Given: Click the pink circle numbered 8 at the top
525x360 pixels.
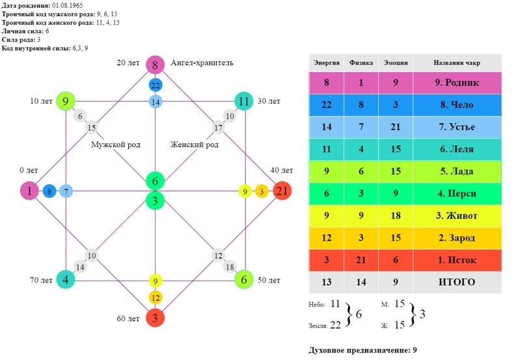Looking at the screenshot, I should pyautogui.click(x=155, y=64).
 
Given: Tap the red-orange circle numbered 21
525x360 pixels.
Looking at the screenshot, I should pyautogui.click(x=282, y=191).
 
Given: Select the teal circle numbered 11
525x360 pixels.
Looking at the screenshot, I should pyautogui.click(x=244, y=101).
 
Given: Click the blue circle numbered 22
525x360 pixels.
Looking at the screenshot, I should pyautogui.click(x=155, y=85).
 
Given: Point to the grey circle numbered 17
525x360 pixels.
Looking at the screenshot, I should pyautogui.click(x=218, y=128).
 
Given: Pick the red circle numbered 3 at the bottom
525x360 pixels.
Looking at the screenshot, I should pyautogui.click(x=155, y=318).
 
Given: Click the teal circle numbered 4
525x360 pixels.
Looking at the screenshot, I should pyautogui.click(x=66, y=279).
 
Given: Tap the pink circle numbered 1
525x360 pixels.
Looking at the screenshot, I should pyautogui.click(x=29, y=191).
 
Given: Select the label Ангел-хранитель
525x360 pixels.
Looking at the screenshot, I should pyautogui.click(x=202, y=63).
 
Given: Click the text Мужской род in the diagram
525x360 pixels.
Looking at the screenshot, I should pyautogui.click(x=115, y=145).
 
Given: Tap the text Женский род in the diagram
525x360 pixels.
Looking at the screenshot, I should pyautogui.click(x=194, y=145).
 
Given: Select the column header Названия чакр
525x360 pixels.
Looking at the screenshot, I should pyautogui.click(x=457, y=63).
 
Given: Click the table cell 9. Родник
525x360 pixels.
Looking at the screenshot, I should pyautogui.click(x=457, y=83).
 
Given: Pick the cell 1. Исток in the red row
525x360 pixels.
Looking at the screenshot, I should pyautogui.click(x=457, y=260).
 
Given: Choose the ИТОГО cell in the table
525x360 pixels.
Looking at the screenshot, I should pyautogui.click(x=457, y=282).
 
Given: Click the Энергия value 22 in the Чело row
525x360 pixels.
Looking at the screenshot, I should pyautogui.click(x=327, y=105).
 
